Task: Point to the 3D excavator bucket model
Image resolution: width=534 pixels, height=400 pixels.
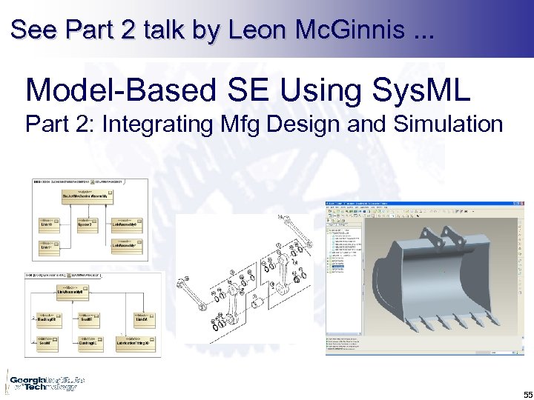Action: [x=438, y=281]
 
